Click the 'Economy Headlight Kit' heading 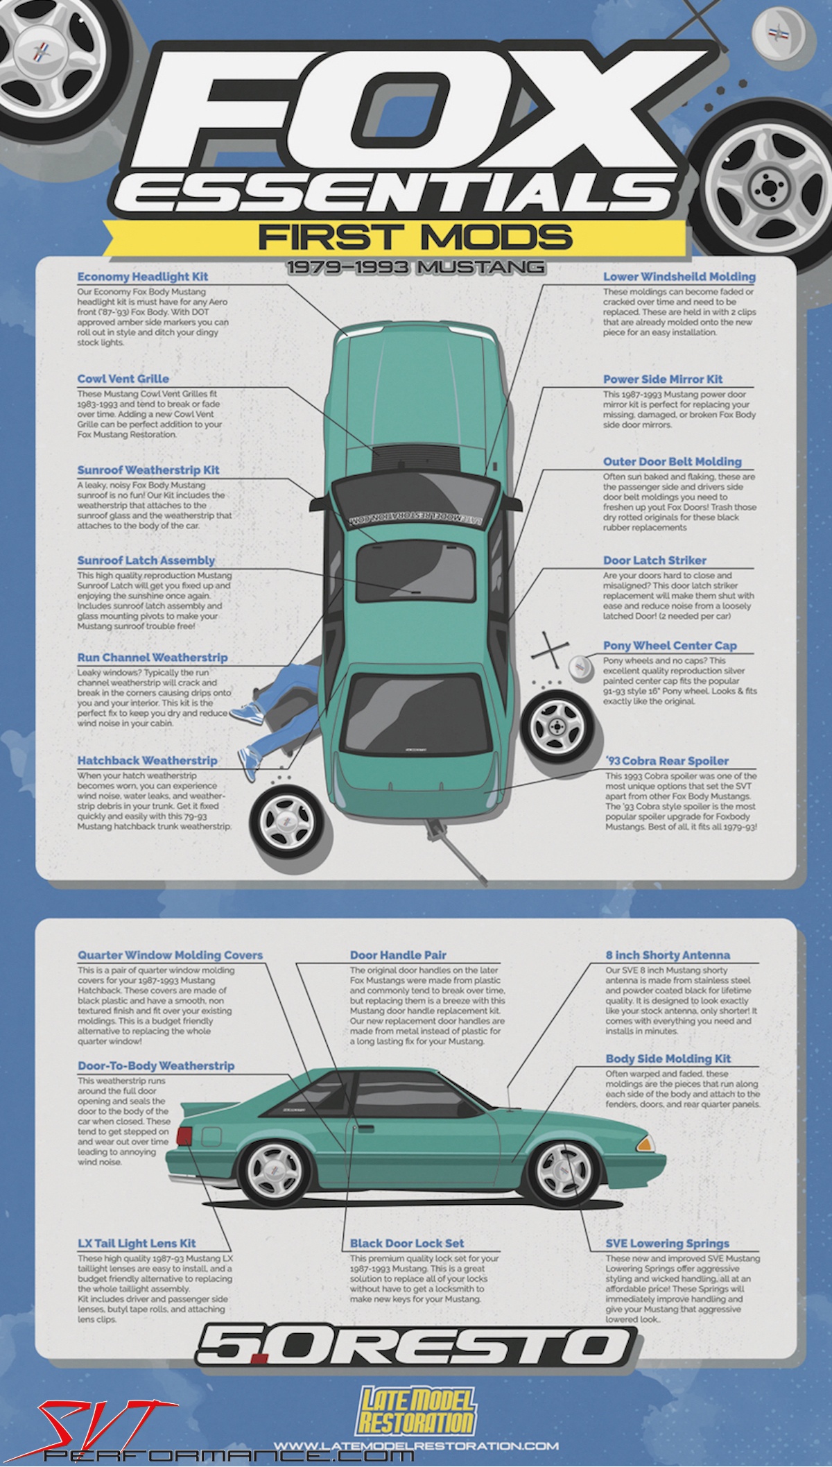[142, 277]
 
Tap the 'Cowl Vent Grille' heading [123, 379]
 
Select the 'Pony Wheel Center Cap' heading [669, 645]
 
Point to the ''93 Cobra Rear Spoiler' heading [666, 760]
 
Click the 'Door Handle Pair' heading [397, 955]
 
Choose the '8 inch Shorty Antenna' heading [667, 955]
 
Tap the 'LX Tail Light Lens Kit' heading [137, 1243]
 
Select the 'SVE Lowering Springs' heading [667, 1243]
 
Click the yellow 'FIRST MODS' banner [415, 237]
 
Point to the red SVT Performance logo [97, 1429]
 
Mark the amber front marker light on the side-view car [647, 1141]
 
